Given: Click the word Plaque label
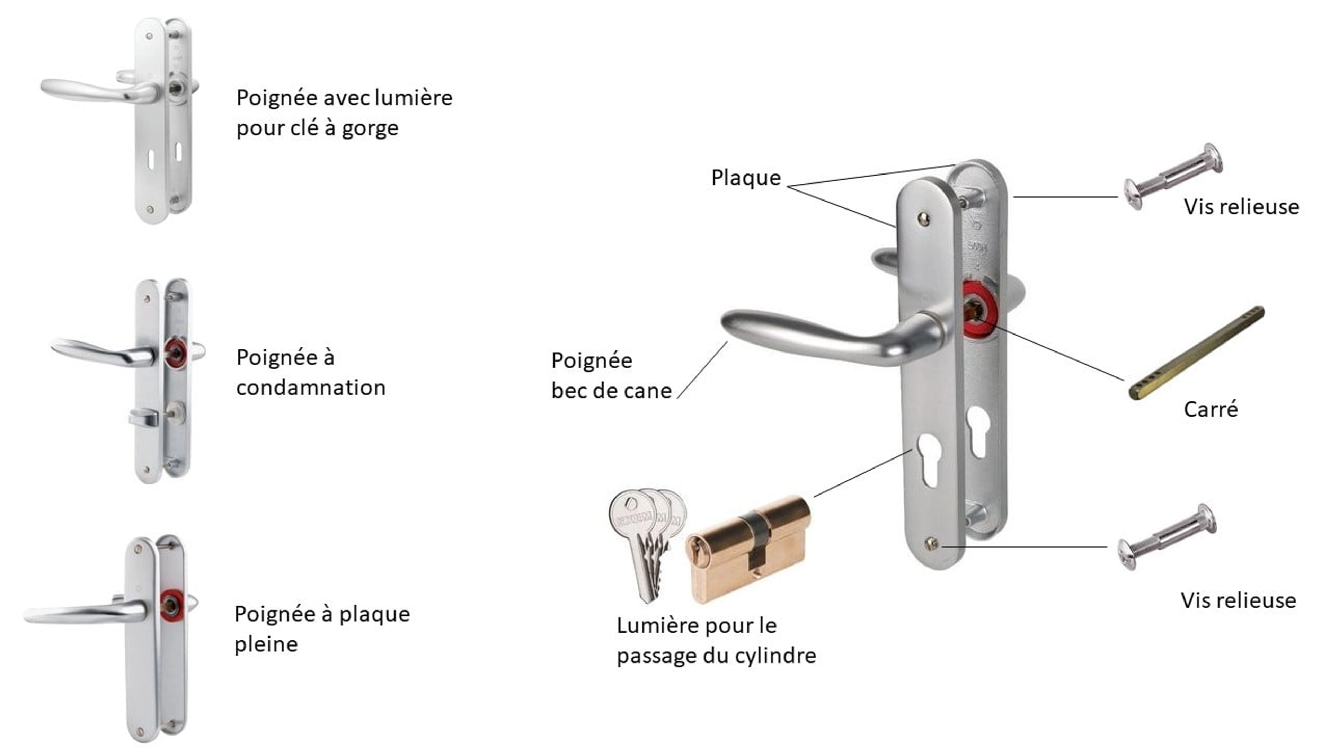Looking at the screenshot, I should click(x=746, y=178).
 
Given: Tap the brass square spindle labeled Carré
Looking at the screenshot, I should click(x=1196, y=353).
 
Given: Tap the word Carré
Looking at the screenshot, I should click(x=1210, y=409).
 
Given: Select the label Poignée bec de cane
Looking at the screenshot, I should click(x=611, y=375).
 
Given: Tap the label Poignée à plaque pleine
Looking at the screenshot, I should click(x=322, y=629).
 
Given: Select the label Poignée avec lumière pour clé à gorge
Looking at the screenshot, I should click(x=344, y=113).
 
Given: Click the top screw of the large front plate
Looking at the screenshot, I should click(x=924, y=219).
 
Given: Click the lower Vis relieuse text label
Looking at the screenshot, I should click(x=1238, y=600).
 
